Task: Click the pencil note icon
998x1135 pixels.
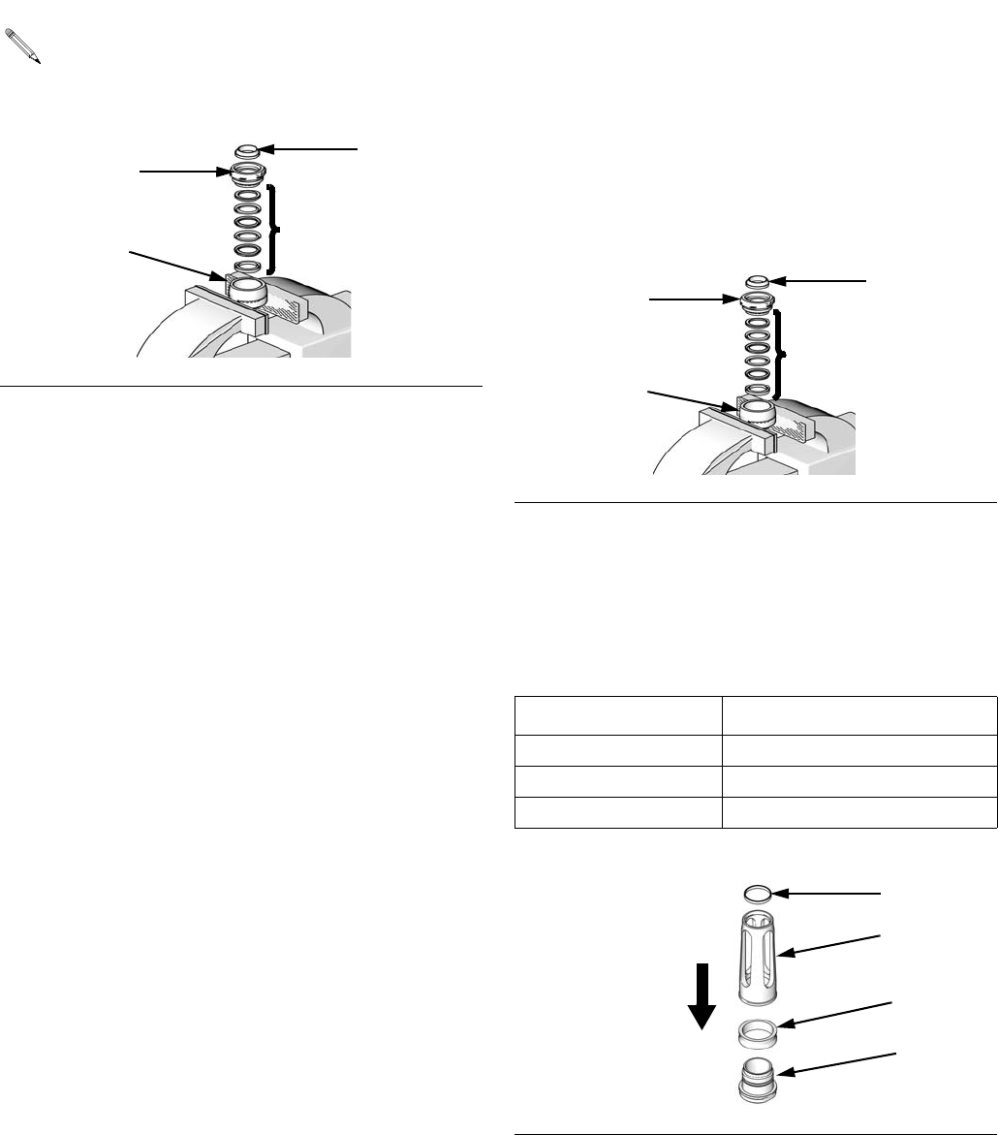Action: tap(23, 46)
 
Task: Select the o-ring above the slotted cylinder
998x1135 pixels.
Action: tap(758, 892)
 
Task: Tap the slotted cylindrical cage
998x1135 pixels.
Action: tap(759, 959)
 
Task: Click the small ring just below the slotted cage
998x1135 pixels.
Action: tap(760, 1033)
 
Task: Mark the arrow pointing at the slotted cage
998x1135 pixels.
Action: tap(835, 944)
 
